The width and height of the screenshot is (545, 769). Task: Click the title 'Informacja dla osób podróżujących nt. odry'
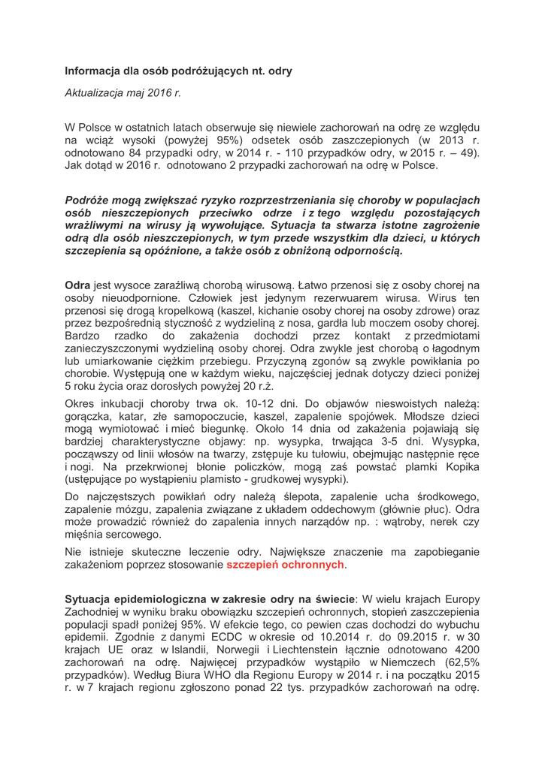tap(178, 71)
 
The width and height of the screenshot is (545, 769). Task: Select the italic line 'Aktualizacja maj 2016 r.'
tap(123, 94)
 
